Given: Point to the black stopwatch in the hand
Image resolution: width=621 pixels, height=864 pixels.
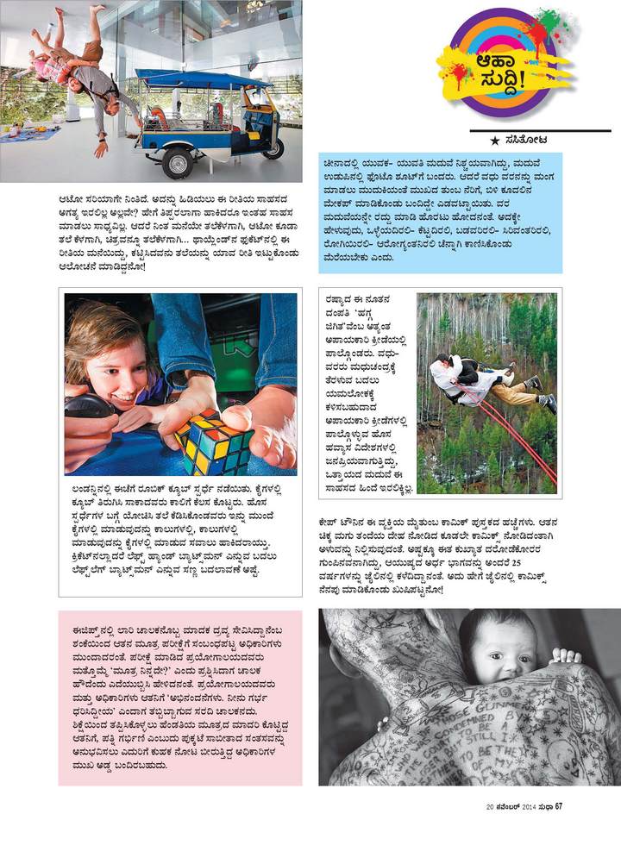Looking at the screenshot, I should tap(85, 406).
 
